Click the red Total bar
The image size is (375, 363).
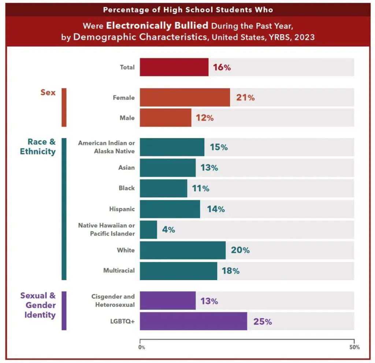tap(174, 67)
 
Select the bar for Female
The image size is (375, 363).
tap(185, 98)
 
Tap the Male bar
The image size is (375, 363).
tap(165, 118)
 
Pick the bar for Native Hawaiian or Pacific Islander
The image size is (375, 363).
tap(148, 230)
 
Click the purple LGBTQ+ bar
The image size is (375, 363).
tap(193, 321)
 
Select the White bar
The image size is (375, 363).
tap(182, 250)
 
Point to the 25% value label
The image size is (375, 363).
tap(263, 322)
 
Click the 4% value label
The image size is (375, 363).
tap(168, 230)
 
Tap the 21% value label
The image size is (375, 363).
tap(245, 98)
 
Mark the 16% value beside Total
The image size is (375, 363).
tap(222, 67)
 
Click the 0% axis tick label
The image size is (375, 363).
tap(142, 347)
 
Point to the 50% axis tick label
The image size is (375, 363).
tap(354, 347)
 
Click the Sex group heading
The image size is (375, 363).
tap(48, 92)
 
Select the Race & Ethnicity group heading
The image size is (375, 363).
tap(38, 147)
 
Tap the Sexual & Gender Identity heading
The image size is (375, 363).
tap(38, 305)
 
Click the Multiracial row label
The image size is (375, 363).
tap(119, 271)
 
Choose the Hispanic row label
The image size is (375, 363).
tap(122, 209)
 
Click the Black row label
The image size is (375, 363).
tap(126, 188)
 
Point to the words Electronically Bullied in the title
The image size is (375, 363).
tap(157, 26)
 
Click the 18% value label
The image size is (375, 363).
tap(230, 271)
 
